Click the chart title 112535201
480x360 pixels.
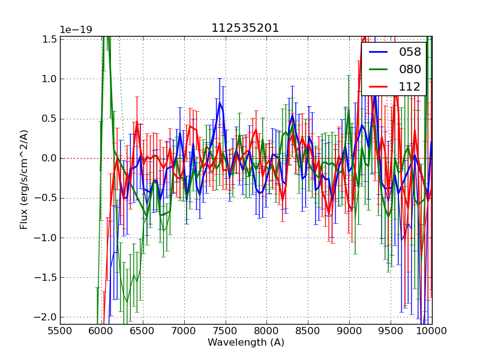245,28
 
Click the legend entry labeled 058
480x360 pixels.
410,52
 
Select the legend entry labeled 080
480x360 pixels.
410,69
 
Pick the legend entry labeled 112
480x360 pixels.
410,86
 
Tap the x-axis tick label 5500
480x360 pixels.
60,331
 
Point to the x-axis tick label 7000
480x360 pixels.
184,331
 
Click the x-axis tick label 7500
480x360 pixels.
225,331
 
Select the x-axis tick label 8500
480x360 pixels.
308,331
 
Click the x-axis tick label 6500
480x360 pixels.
142,331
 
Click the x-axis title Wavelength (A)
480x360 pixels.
246,343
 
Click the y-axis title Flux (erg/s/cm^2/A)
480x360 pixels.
24,179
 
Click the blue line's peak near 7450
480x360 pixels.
220,103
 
